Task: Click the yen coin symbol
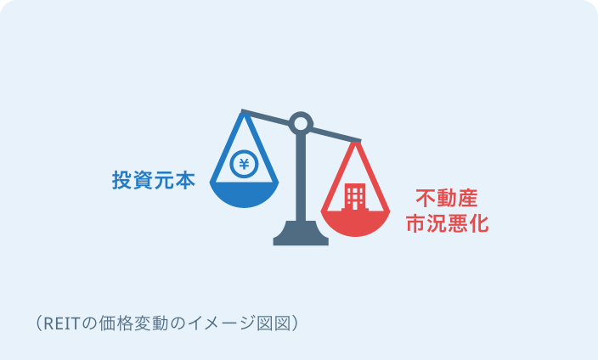244,164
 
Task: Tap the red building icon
355,197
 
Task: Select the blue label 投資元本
154,180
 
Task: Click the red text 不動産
447,198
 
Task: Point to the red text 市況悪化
447,223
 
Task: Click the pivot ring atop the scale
301,124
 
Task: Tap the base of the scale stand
301,233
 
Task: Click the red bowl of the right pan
355,223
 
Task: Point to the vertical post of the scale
301,177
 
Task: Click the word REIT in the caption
61,323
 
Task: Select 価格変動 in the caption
133,323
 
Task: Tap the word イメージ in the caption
221,323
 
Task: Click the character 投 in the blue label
122,180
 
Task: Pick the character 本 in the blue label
185,180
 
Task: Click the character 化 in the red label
479,223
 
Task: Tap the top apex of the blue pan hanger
244,113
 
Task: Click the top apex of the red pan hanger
355,143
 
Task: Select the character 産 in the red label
467,198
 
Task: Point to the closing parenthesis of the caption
294,323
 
